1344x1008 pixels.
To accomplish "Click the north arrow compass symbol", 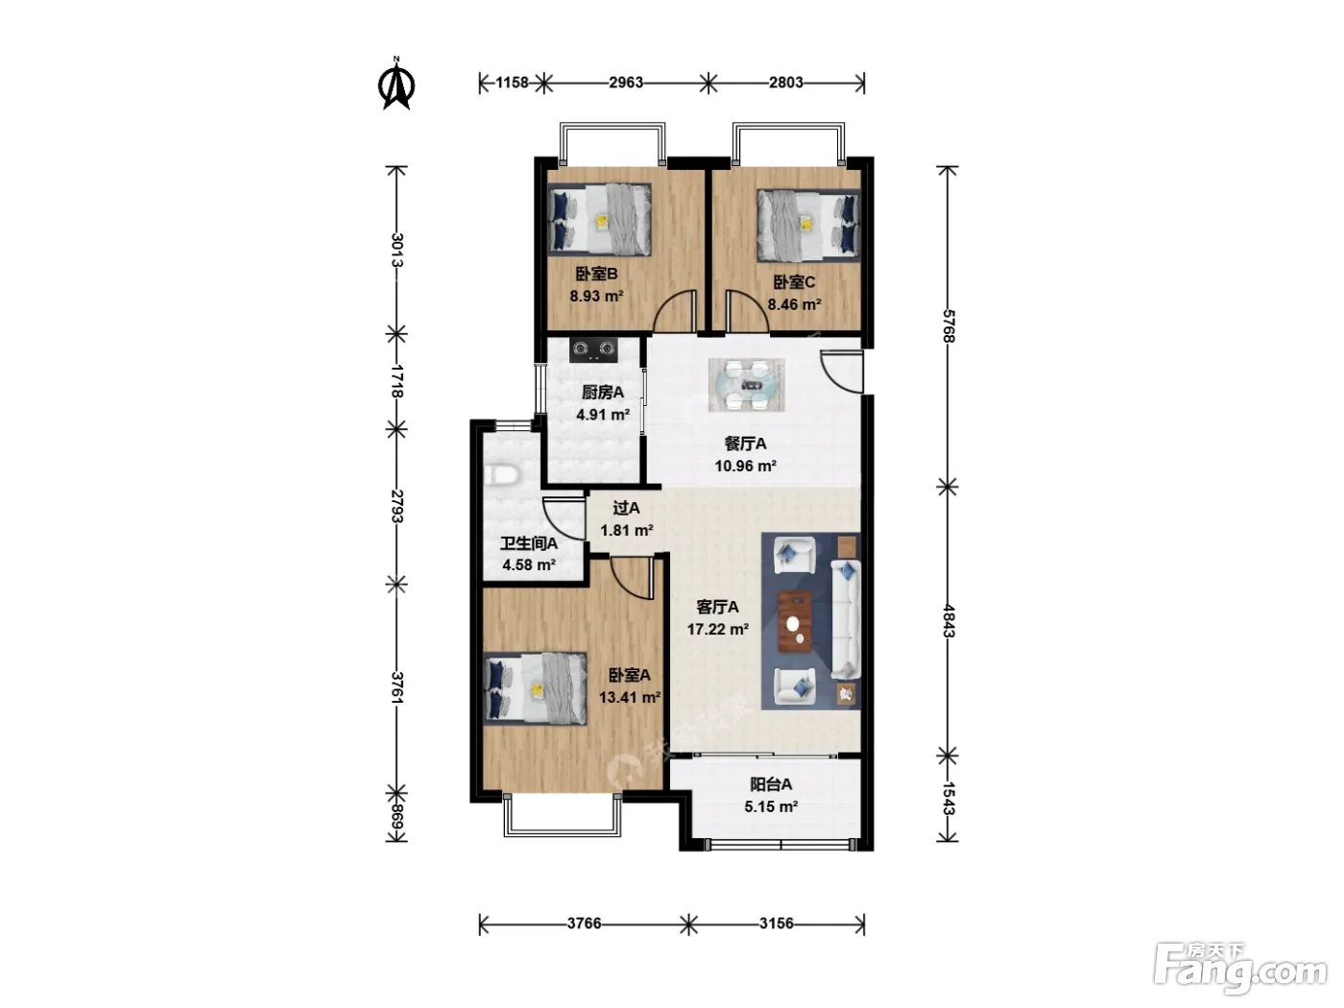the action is tap(396, 84).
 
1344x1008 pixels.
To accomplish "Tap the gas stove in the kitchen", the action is tap(592, 349).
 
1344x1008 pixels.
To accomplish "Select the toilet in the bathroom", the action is tap(502, 475).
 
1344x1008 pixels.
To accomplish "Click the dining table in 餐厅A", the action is tap(746, 385).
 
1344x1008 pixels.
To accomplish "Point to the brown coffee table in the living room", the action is tap(796, 622).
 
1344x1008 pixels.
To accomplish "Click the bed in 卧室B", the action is tap(599, 220).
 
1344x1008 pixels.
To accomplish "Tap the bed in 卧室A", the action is tap(535, 688).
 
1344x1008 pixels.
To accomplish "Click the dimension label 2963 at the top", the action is tap(626, 82).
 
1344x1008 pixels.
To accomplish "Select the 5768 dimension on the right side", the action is tap(948, 326).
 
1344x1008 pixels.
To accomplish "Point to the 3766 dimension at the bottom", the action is tap(584, 923).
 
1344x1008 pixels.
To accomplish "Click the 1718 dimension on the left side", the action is tap(396, 381).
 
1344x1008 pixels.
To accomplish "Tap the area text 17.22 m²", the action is tap(718, 629).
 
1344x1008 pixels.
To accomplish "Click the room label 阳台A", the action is tap(771, 784).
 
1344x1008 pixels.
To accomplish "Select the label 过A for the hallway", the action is tap(626, 508).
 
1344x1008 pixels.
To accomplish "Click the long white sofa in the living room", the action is tap(846, 619).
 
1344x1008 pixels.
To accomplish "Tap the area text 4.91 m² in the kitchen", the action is tap(603, 415).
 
